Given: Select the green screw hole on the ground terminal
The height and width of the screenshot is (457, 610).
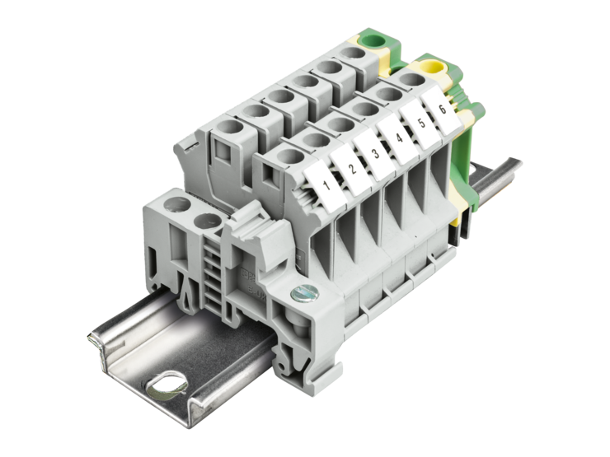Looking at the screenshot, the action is tap(374, 40).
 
